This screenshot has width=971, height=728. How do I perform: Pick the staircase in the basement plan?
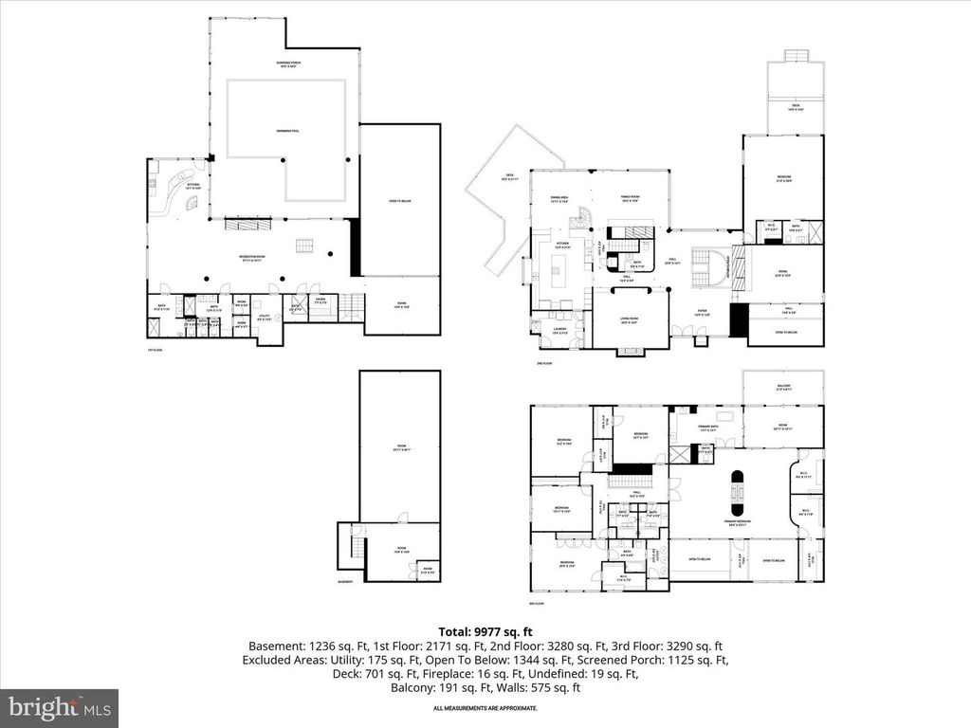[352, 548]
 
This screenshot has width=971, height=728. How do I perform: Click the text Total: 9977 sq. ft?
[485, 631]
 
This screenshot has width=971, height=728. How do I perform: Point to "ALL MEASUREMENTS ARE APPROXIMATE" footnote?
[485, 708]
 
